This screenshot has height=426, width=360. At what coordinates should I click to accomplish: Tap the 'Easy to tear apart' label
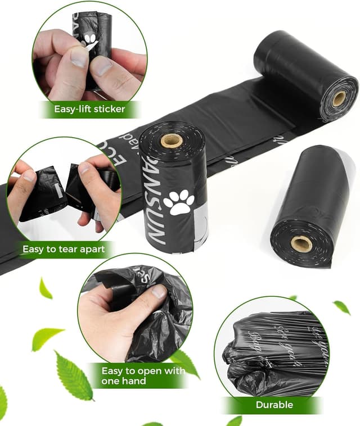click(x=63, y=248)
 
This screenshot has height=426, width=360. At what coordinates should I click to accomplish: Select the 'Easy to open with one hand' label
click(x=143, y=375)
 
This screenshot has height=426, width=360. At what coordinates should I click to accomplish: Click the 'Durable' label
click(x=274, y=405)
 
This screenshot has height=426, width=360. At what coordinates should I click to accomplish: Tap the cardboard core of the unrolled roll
click(x=339, y=99)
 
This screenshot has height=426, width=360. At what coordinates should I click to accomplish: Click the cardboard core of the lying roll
click(x=301, y=243)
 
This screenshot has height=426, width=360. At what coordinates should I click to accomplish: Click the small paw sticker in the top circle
click(x=90, y=39)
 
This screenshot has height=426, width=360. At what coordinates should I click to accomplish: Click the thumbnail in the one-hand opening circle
click(x=159, y=292)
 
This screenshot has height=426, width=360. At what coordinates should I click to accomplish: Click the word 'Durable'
click(x=274, y=405)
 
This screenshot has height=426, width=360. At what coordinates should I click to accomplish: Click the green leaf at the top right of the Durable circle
click(x=341, y=307)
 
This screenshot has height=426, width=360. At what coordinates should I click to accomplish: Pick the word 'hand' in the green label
click(x=134, y=381)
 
